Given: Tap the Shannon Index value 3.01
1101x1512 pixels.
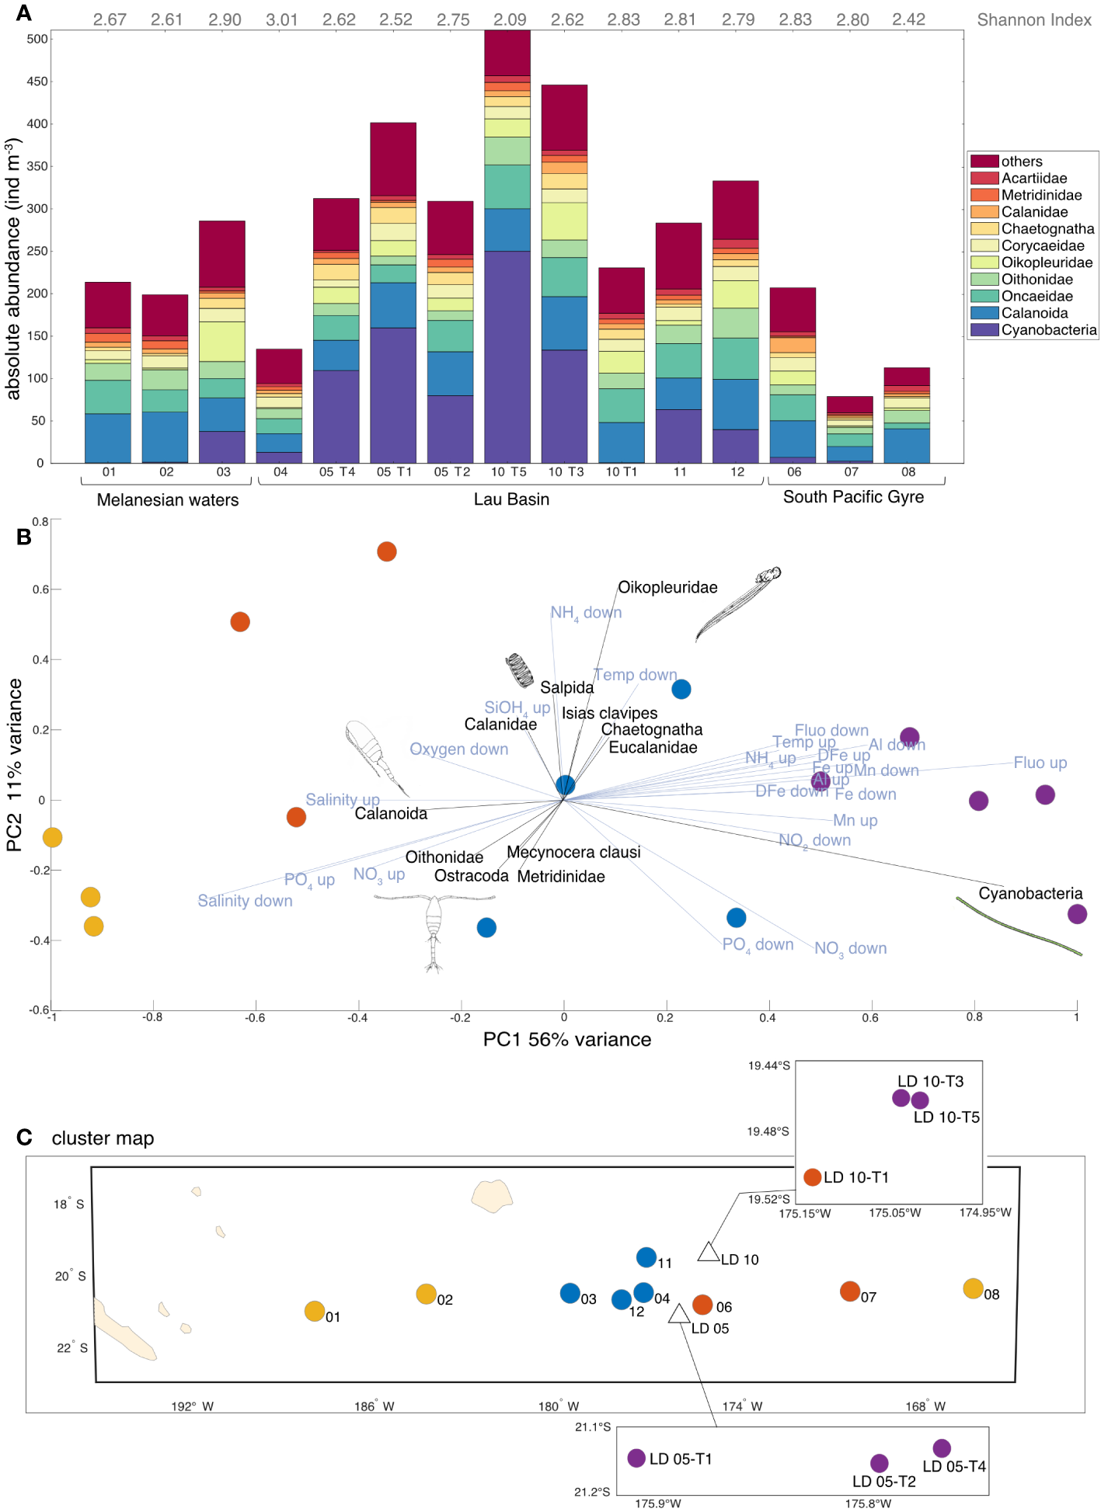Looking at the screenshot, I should tap(281, 19).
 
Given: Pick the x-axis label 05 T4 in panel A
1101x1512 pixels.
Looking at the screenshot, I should tap(337, 472).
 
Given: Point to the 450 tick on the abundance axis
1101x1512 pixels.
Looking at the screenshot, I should tap(37, 82).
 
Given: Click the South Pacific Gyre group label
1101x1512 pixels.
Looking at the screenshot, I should tap(853, 497).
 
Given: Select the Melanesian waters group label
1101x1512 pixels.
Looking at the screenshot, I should tap(168, 500).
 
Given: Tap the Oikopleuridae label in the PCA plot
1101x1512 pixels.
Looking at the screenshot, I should tap(667, 588).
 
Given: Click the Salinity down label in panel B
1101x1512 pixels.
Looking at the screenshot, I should tap(245, 901).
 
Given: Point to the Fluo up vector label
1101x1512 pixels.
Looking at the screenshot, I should tap(1040, 763).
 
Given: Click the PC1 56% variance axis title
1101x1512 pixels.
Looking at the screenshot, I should tap(567, 1040).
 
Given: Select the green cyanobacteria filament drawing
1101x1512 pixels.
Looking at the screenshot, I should tap(1018, 926).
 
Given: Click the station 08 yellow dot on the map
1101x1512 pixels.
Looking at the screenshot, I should tap(973, 1288).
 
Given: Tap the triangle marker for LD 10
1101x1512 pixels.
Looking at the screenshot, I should tap(707, 1252).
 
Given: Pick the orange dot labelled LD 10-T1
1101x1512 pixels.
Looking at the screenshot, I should tap(813, 1177).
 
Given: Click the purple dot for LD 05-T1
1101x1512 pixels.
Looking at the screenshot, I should tap(636, 1458).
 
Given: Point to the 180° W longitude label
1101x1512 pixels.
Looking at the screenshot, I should tap(559, 1406).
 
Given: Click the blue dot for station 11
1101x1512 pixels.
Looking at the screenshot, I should tap(646, 1257).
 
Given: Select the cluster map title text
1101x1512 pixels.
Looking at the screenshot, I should tap(103, 1138).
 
